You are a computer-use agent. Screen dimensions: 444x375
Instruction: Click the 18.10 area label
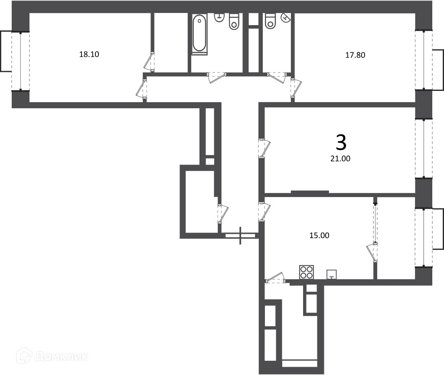coord(89,54)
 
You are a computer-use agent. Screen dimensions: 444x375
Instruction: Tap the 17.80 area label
coord(355,55)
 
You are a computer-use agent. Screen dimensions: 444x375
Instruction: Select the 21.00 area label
coord(340,158)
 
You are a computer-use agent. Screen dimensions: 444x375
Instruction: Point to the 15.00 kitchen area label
coord(319,235)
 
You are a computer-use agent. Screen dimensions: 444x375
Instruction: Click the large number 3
coord(341,142)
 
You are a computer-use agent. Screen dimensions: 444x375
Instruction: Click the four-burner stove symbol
coord(307,272)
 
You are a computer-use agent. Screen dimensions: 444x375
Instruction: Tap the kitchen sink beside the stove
coord(332,274)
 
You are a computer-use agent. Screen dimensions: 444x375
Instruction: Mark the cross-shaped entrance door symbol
coord(240,235)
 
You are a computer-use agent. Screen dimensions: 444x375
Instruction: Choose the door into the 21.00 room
coord(264,148)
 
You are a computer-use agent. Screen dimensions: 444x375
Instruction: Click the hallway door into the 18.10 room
coord(141,89)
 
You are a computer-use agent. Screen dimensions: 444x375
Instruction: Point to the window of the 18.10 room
coord(20,61)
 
